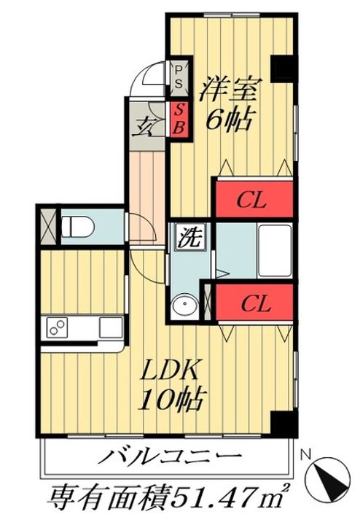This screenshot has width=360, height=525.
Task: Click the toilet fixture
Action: click(78, 227)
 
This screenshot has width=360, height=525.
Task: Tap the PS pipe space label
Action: click(179, 77)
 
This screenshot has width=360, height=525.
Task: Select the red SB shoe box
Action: click(180, 119)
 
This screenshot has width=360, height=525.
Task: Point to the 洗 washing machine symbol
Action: click(190, 237)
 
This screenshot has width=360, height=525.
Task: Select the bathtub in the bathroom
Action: click(275, 250)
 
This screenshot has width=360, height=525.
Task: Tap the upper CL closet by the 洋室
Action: click(254, 200)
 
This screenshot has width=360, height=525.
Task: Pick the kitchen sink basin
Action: click(111, 327)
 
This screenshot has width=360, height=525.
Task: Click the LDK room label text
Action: click(171, 369)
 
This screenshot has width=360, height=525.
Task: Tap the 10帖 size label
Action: click(171, 400)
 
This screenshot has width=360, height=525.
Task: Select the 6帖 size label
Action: click(229, 120)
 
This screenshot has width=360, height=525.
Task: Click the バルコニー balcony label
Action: click(170, 457)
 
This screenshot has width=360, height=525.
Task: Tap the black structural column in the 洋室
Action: click(282, 69)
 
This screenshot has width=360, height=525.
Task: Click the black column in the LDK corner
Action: click(283, 423)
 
